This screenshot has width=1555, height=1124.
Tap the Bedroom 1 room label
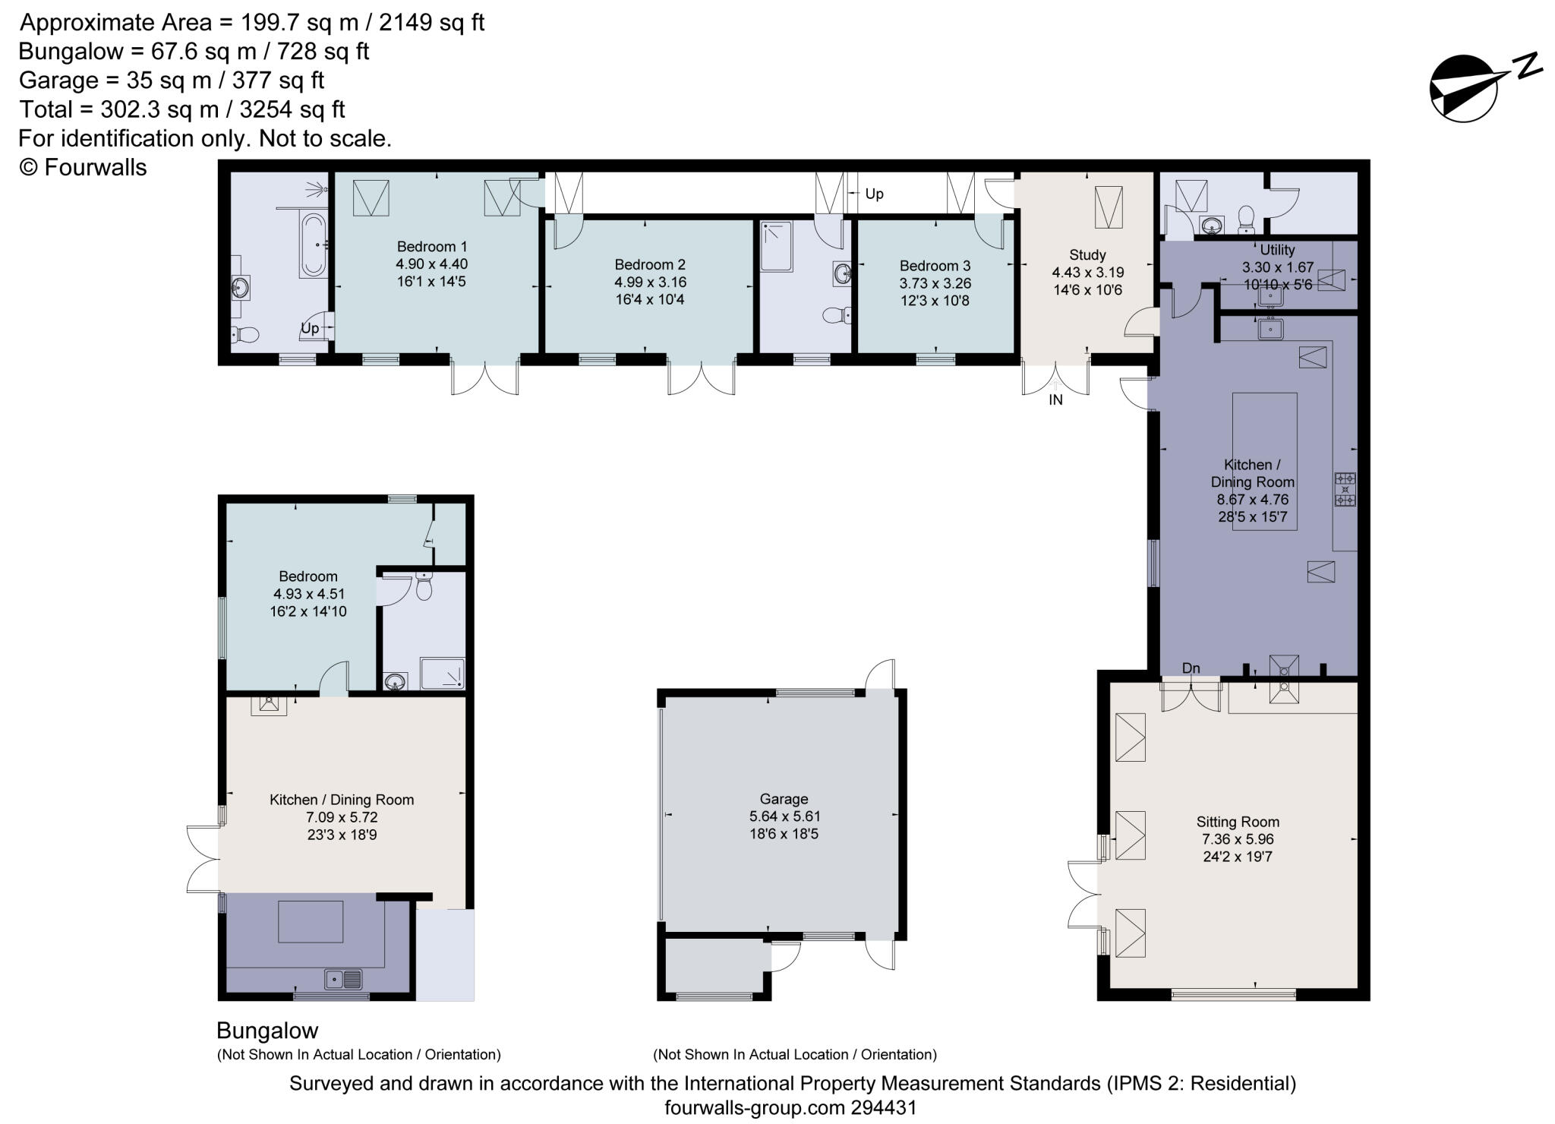point(431,247)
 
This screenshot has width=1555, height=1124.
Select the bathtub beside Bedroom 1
point(314,245)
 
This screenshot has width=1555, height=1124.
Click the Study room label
point(1087,255)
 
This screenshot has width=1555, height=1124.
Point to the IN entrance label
point(1055,400)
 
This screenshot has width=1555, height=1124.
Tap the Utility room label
point(1277,250)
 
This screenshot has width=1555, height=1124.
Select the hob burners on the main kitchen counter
point(1345,489)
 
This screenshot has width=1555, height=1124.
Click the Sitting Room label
point(1238,822)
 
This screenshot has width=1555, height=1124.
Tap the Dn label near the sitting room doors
point(1191,668)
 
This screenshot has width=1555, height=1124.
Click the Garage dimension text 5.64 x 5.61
point(784,816)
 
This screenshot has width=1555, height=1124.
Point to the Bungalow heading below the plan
point(267,1031)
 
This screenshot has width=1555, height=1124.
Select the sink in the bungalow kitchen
point(344,980)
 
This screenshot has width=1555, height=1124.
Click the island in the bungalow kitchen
point(311,921)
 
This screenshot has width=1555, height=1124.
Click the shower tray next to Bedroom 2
point(777,246)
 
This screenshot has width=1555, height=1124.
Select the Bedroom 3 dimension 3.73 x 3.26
point(935,283)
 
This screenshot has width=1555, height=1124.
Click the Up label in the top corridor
point(874,194)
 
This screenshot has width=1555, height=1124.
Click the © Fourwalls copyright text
point(83,167)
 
